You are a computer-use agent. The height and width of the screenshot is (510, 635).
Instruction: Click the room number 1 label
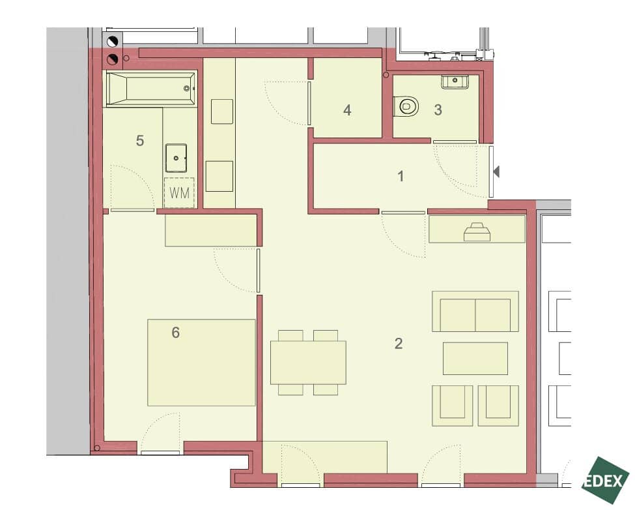coord(401,176)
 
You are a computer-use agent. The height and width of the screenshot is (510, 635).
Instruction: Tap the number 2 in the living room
coord(399,343)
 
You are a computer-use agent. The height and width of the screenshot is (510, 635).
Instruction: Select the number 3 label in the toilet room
coord(438,110)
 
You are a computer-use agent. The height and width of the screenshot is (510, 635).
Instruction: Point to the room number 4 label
coord(347,110)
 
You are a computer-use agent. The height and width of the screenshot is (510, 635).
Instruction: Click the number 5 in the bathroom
coord(139,140)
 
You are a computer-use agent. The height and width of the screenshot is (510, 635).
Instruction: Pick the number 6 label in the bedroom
coord(175,333)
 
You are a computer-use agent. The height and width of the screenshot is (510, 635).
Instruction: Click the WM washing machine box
coord(179,192)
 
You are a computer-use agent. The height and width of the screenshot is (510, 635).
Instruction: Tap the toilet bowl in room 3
coord(407,106)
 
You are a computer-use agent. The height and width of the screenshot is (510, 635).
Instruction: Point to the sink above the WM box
coord(176,157)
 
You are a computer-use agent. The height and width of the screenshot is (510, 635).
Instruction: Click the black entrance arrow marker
coord(496,172)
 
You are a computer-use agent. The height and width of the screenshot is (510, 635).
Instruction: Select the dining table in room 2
coord(308,362)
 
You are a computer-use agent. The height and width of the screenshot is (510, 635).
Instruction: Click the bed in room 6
coord(201,362)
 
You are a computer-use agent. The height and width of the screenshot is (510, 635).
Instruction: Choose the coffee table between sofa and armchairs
coord(475,358)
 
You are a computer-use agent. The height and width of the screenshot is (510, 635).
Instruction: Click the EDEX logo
coord(606,481)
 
